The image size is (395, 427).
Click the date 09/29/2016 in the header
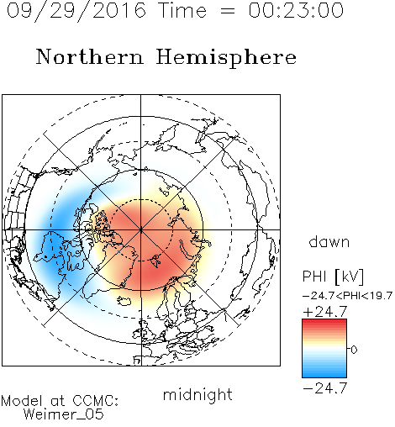[76, 11]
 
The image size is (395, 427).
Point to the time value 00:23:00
[296, 10]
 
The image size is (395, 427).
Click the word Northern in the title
[90, 56]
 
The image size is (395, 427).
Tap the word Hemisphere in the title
[226, 57]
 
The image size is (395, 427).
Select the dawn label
[329, 241]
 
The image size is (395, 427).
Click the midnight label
[197, 395]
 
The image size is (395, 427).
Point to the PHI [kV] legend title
[333, 277]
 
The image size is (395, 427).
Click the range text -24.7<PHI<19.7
[347, 296]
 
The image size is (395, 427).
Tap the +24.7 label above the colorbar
[325, 312]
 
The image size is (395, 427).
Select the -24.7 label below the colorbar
[325, 388]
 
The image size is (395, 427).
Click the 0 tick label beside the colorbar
[354, 350]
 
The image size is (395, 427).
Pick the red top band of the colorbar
[324, 321]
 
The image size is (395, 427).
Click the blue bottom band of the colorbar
[324, 375]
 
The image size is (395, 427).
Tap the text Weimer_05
[64, 414]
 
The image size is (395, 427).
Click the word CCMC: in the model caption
[96, 401]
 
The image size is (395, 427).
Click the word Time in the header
[182, 10]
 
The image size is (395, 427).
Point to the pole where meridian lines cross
[141, 229]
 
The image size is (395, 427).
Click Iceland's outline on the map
[124, 301]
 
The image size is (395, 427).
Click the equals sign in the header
[227, 11]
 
